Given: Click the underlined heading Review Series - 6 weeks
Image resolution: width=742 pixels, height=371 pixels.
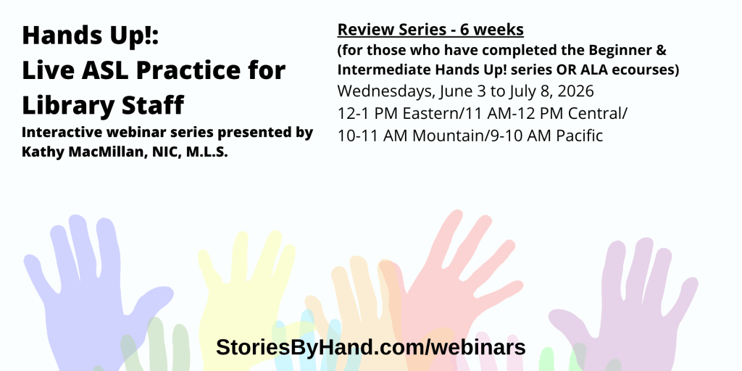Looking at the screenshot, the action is (430, 30).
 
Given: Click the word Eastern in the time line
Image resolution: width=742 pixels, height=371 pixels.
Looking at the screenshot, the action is (432, 114).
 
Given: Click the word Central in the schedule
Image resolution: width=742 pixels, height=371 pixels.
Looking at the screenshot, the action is (597, 114).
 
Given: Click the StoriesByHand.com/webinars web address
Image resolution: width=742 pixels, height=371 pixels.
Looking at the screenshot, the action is (370, 347).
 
